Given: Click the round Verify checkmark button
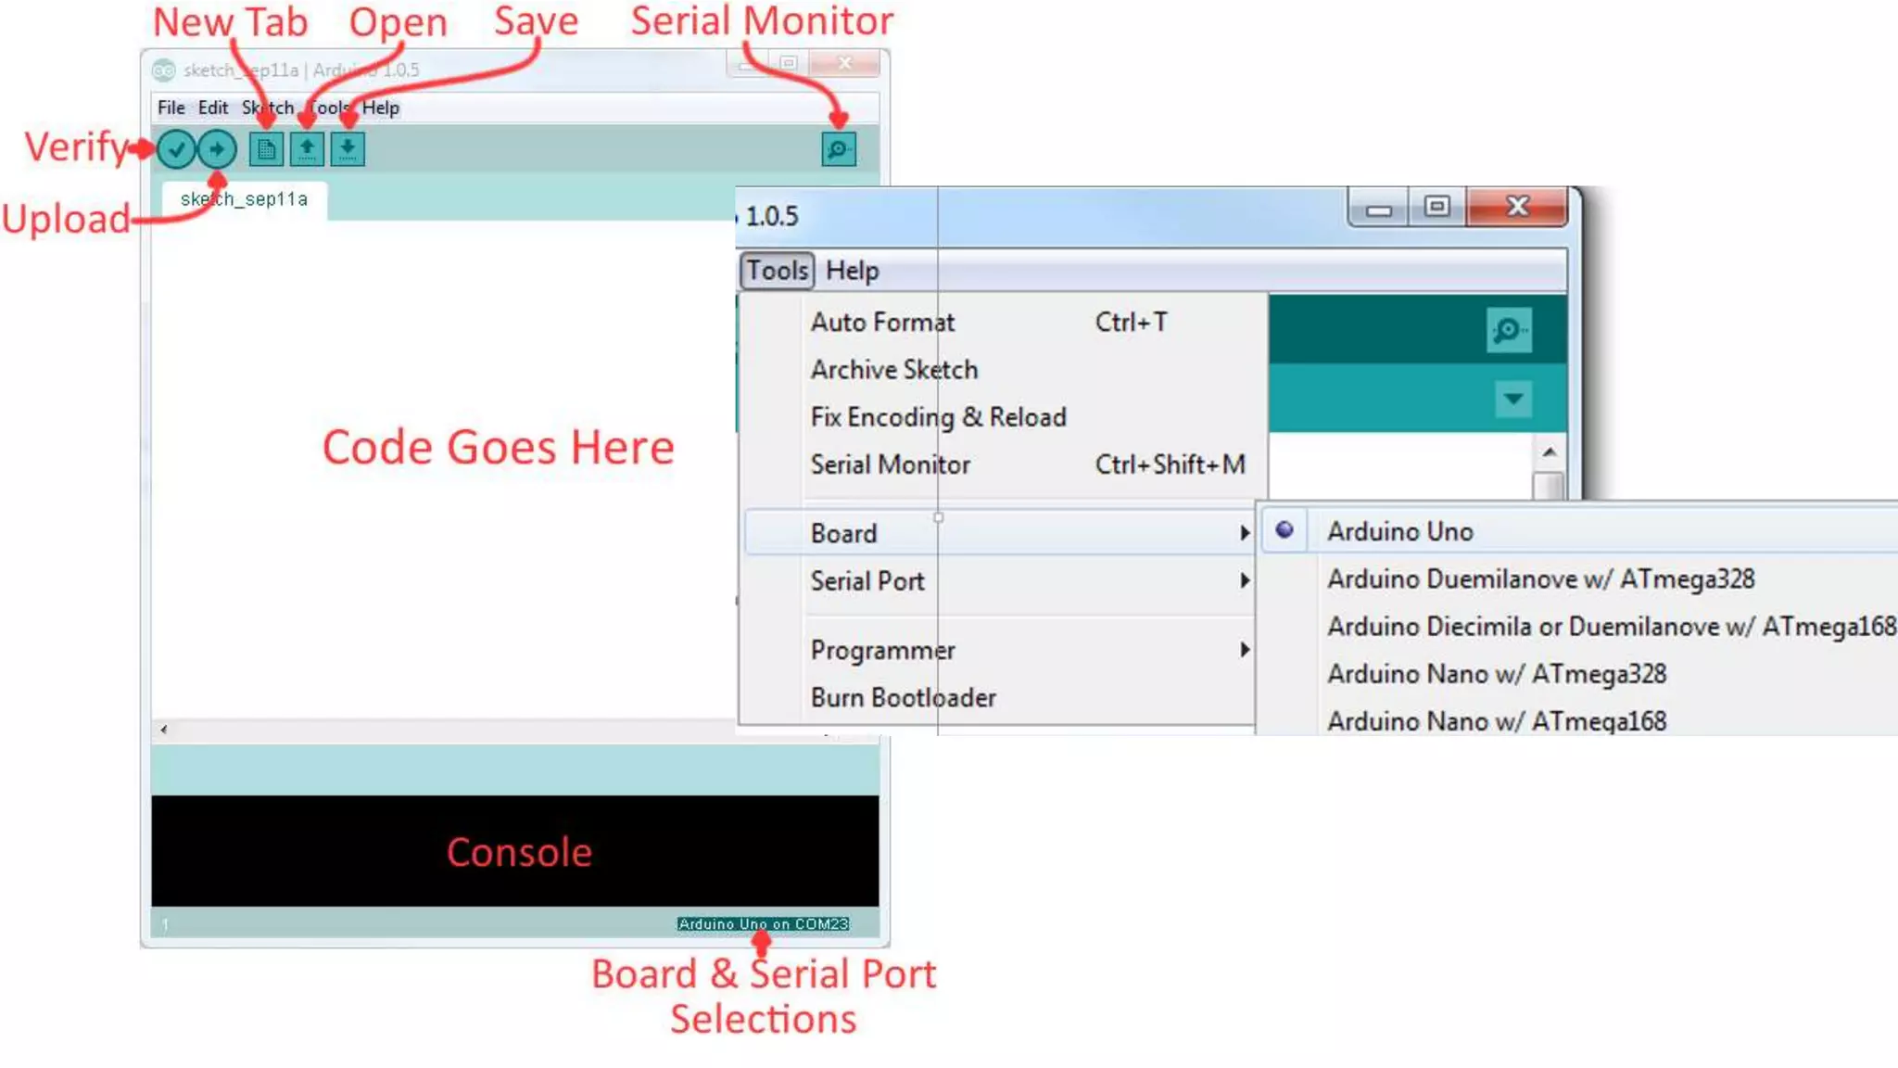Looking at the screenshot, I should tap(176, 149).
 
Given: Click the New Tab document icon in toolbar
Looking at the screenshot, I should tap(266, 149).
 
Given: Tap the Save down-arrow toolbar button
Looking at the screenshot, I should tap(348, 149).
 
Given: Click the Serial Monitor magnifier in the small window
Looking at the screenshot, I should tap(838, 149).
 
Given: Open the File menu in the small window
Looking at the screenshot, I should tap(171, 108).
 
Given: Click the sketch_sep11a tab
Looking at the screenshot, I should tap(244, 199).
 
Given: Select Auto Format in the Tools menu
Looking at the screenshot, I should tap(882, 322).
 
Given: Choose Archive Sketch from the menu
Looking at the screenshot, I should tap(894, 369).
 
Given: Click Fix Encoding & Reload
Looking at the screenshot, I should tap(938, 417).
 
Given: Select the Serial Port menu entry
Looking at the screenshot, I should tap(867, 581).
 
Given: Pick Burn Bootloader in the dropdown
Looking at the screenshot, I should tap(903, 697).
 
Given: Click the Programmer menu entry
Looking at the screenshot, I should tap(882, 650).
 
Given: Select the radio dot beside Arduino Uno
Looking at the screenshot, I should tap(1284, 530).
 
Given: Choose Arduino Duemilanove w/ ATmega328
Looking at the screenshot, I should tap(1540, 579).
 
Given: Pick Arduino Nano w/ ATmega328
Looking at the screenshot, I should tap(1496, 674).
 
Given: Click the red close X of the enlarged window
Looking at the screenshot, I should tap(1517, 207).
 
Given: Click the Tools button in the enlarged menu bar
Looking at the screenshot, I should tap(777, 271).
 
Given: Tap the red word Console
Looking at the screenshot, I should tap(519, 852).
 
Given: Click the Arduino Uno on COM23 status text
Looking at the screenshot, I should tap(763, 923).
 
